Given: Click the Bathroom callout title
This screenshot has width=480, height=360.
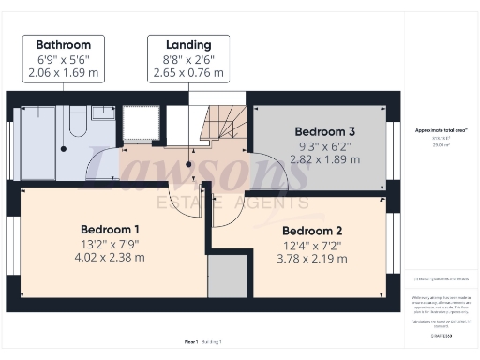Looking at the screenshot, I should coord(64,44).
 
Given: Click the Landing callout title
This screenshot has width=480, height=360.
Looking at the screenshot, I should coord(188,44).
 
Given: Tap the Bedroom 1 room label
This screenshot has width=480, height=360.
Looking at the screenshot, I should coord(110,230).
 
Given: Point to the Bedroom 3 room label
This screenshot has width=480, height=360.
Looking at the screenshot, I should coord(323,131).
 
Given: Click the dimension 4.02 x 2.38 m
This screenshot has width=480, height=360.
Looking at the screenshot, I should coord(110,257).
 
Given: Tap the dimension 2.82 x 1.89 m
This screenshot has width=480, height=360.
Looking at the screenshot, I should coord(323,159).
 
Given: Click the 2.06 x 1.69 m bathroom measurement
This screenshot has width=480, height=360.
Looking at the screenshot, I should coord(64,71).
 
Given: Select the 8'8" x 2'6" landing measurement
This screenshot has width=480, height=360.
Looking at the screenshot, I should coord(188,58).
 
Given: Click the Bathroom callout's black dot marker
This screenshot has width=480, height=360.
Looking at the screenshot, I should coord(64,148).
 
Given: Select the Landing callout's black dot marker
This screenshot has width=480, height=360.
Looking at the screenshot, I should coord(188,165).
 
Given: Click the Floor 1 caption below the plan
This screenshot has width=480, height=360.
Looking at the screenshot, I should coord(192,343).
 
